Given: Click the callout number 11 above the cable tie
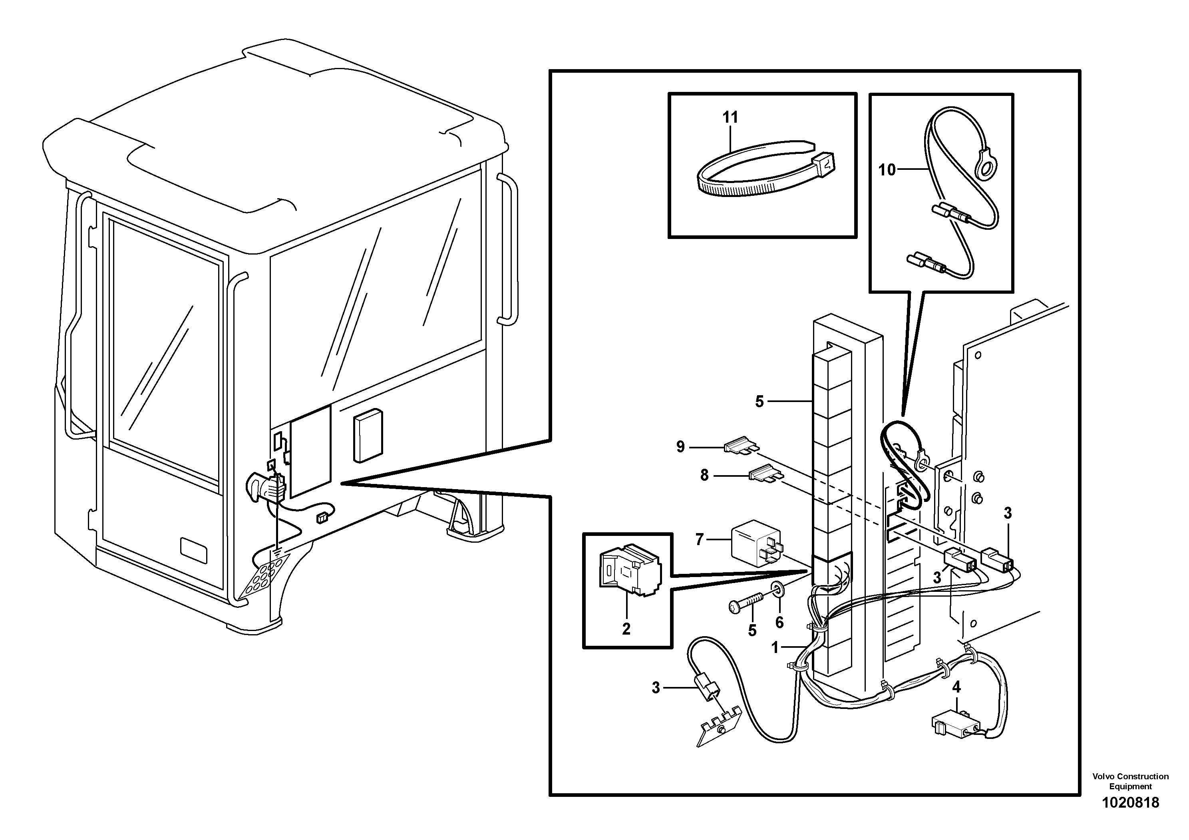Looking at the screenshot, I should [730, 117].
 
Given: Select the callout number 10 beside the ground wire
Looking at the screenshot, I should [887, 170].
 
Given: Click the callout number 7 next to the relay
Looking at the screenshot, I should [700, 540].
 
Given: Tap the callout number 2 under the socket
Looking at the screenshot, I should [626, 629].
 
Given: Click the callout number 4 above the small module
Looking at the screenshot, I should [956, 687].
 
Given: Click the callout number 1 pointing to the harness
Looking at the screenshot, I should [775, 647].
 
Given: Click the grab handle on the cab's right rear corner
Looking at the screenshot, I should [508, 249].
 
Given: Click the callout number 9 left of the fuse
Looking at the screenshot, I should [680, 446].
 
